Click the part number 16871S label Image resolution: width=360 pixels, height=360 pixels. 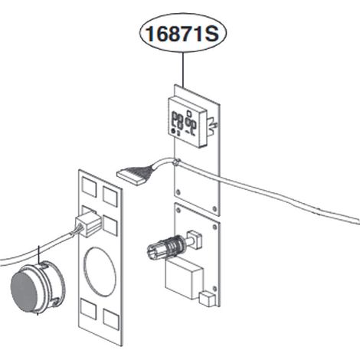point(182,34)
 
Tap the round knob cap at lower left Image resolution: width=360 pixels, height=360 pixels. point(38,288)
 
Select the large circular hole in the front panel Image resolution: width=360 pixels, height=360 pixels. point(100,270)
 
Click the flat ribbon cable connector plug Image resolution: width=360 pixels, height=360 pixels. point(132,175)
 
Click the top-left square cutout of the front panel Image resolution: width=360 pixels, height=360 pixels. point(89,187)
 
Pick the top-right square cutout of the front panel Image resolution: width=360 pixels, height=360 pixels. point(110,196)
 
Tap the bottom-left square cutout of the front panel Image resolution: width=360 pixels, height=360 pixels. point(89,309)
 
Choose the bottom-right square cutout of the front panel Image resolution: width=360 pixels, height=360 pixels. point(111,319)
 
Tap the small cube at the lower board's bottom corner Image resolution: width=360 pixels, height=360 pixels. point(207,299)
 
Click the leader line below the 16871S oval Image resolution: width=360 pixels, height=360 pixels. point(183,69)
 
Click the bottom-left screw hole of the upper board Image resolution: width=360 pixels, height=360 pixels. point(178,191)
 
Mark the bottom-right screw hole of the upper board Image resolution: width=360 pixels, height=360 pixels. point(214,209)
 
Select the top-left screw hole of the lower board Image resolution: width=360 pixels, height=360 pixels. point(178,211)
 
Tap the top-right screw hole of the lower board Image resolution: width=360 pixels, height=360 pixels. point(215,227)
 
